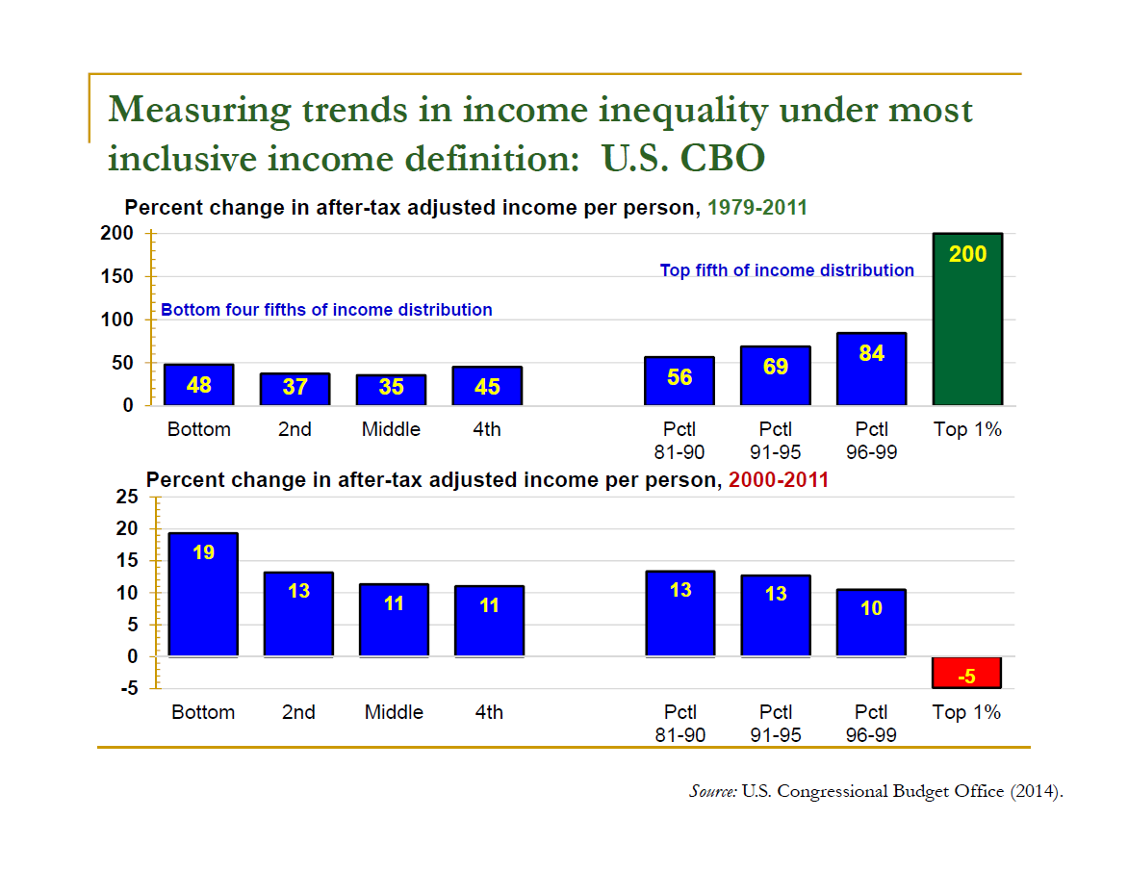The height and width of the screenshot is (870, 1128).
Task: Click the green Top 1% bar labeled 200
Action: click(967, 319)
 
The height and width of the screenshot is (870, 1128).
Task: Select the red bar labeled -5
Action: click(967, 673)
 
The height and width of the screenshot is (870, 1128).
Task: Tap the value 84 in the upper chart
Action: click(871, 353)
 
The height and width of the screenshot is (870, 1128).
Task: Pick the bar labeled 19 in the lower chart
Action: click(203, 594)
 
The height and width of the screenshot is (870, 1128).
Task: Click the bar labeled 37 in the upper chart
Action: click(295, 389)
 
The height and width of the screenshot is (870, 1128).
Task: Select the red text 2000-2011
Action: click(778, 480)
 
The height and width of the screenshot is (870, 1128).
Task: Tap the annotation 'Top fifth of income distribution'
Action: click(786, 270)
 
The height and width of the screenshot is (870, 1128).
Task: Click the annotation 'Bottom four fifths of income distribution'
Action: click(326, 310)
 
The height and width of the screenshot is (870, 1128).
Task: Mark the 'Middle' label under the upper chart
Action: click(391, 430)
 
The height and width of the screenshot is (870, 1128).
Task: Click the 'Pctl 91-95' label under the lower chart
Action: click(776, 724)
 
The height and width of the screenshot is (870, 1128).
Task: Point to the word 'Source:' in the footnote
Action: click(713, 791)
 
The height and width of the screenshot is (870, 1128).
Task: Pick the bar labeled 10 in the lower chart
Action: click(871, 623)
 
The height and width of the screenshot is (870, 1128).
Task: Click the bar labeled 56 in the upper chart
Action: click(679, 381)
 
